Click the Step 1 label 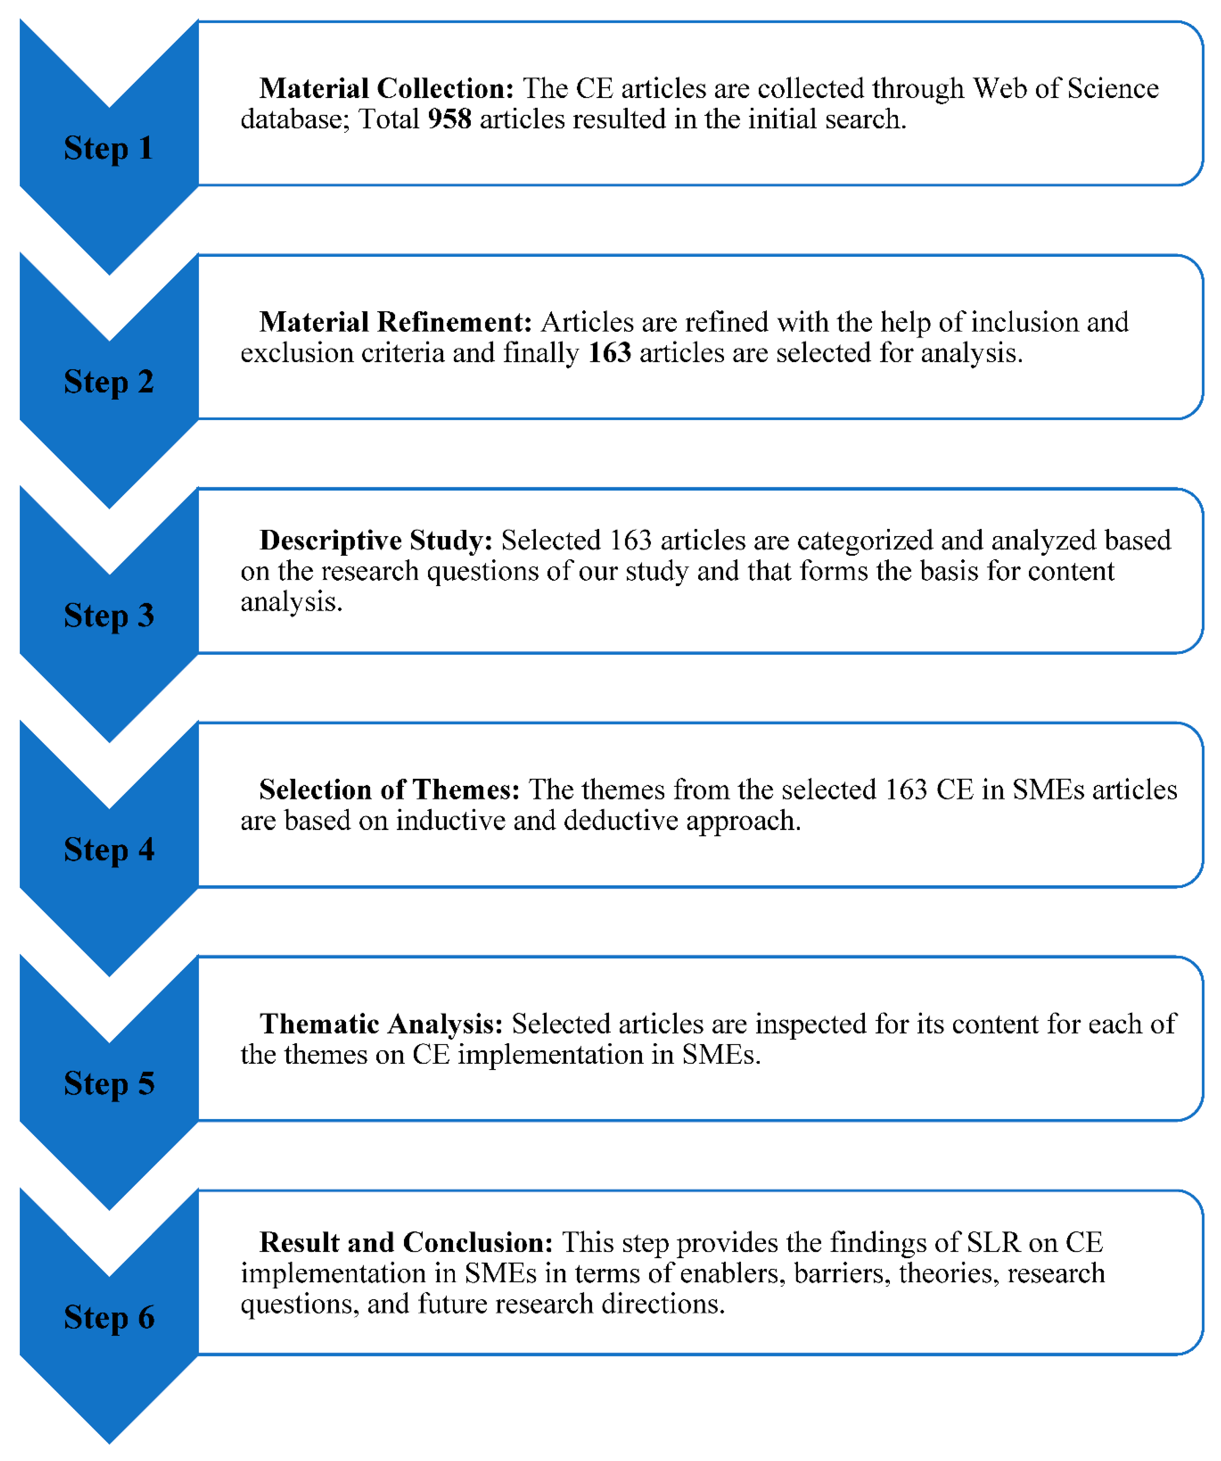pyautogui.click(x=108, y=148)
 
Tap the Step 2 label pyautogui.click(x=108, y=382)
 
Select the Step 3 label pyautogui.click(x=108, y=616)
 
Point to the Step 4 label pyautogui.click(x=108, y=849)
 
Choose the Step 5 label pyautogui.click(x=108, y=1083)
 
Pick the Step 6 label pyautogui.click(x=108, y=1317)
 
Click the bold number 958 pyautogui.click(x=449, y=119)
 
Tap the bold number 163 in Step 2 pyautogui.click(x=609, y=353)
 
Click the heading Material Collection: pyautogui.click(x=386, y=88)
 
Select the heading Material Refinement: pyautogui.click(x=395, y=322)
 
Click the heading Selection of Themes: pyautogui.click(x=390, y=790)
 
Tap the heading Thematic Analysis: pyautogui.click(x=381, y=1024)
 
